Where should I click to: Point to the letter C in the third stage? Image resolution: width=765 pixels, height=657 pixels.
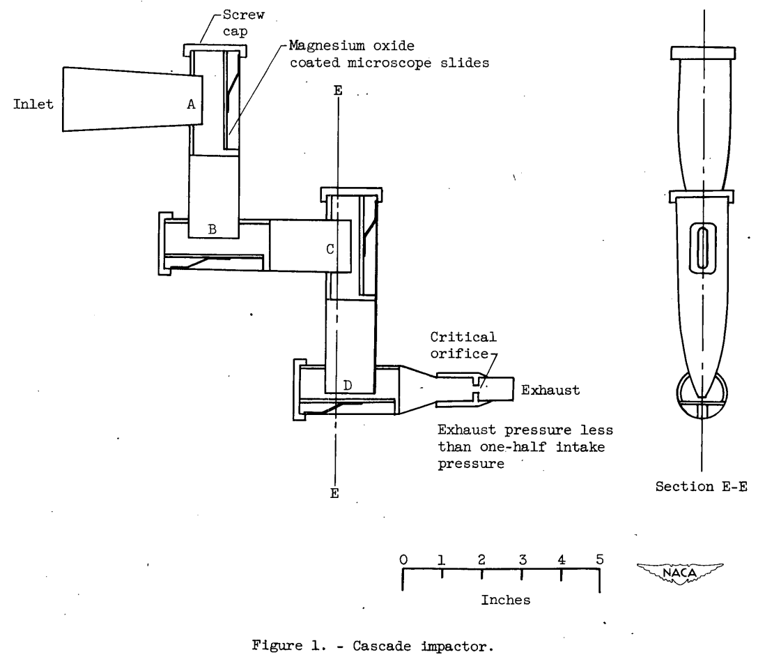pyautogui.click(x=332, y=248)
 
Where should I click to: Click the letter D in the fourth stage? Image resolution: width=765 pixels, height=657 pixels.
pyautogui.click(x=348, y=384)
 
